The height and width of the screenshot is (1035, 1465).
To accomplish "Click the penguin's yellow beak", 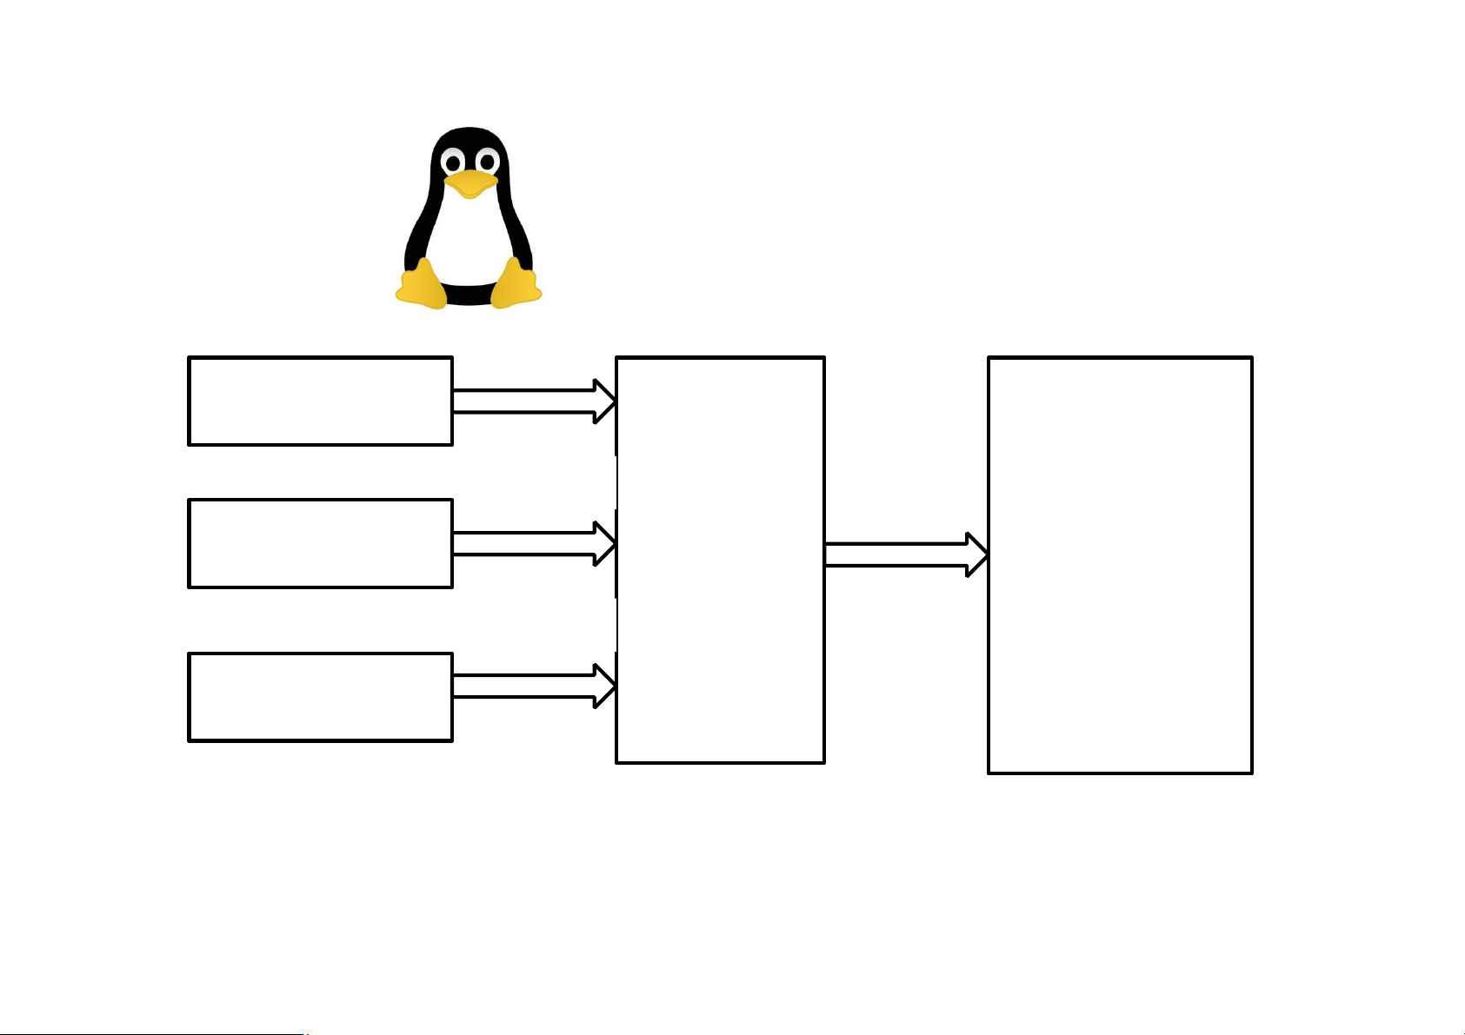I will [x=470, y=183].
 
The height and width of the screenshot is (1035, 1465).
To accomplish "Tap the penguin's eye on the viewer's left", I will [x=452, y=162].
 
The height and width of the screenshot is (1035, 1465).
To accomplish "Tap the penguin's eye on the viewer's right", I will [x=487, y=161].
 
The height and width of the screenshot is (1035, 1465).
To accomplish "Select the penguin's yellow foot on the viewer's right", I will [x=517, y=285].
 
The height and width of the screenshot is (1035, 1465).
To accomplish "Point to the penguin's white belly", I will [x=469, y=239].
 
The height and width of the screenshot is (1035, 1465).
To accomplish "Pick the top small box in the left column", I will [x=320, y=401].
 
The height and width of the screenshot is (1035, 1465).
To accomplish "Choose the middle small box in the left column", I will [x=320, y=543].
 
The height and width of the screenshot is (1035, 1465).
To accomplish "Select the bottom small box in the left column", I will [x=320, y=696].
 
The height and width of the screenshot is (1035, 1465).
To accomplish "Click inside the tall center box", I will [x=720, y=560].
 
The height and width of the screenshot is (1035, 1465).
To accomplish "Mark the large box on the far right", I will [x=1120, y=564].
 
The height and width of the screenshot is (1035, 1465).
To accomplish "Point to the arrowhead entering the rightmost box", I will [x=976, y=554].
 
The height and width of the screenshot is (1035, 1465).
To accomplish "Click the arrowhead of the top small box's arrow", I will [x=604, y=401].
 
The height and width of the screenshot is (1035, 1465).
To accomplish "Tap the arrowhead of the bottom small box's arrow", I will [x=604, y=686].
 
